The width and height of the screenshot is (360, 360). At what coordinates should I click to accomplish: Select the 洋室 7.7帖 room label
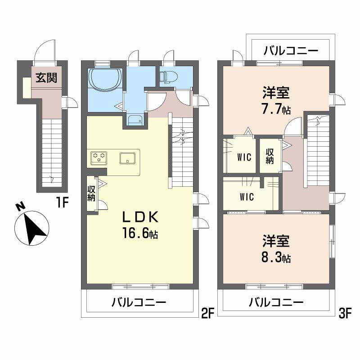pyautogui.click(x=276, y=101)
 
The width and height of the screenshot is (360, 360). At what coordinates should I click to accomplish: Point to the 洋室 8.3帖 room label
pyautogui.click(x=276, y=249)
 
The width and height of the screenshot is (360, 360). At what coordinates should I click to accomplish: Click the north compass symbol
pyautogui.click(x=31, y=228)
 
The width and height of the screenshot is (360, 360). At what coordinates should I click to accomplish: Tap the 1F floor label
pyautogui.click(x=62, y=203)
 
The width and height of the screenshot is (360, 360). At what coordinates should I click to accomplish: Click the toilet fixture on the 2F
pyautogui.click(x=169, y=77)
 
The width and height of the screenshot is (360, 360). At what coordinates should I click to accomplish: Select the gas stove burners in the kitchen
pyautogui.click(x=99, y=158)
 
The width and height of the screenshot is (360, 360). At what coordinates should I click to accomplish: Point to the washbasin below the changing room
pyautogui.click(x=135, y=120)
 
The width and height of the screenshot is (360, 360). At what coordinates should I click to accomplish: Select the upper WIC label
pyautogui.click(x=244, y=158)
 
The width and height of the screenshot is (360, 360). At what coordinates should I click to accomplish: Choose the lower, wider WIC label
pyautogui.click(x=247, y=197)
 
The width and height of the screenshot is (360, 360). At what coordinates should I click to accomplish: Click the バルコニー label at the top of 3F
pyautogui.click(x=291, y=50)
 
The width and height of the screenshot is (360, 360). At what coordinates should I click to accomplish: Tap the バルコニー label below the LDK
pyautogui.click(x=139, y=302)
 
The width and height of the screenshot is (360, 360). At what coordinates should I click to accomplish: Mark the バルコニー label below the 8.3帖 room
pyautogui.click(x=276, y=302)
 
